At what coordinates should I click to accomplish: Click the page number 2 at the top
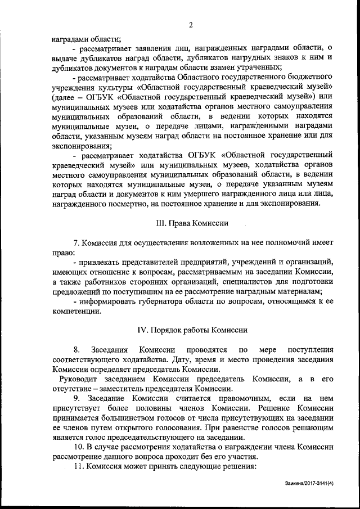pos(191,25)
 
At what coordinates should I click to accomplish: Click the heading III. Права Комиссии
pos(192,223)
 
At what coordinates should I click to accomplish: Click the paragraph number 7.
pos(75,242)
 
